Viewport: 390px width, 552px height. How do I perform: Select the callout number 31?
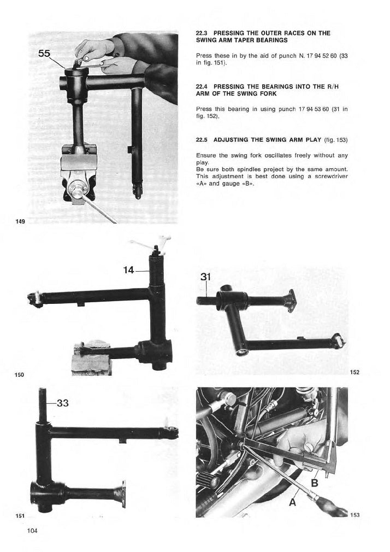tap(205, 277)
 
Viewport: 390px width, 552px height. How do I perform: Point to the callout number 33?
tap(63, 403)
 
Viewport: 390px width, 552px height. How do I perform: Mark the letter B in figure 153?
tap(314, 483)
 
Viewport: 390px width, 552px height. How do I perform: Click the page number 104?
tap(32, 531)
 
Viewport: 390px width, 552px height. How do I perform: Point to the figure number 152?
tap(355, 372)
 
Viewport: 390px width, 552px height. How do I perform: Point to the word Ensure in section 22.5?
tap(205, 155)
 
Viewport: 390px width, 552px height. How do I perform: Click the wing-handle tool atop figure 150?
tap(150, 243)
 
